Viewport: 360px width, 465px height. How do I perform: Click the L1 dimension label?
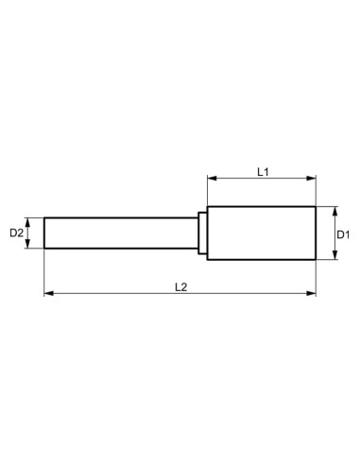point(265,170)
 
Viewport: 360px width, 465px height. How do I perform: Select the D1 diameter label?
point(345,233)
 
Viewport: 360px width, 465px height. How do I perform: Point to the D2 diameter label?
point(16,232)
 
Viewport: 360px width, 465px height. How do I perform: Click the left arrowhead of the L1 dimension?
point(211,178)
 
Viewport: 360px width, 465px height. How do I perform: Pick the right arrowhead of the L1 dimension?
point(313,178)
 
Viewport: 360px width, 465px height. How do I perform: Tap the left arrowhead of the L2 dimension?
point(48,294)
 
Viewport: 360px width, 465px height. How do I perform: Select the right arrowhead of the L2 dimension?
point(313,294)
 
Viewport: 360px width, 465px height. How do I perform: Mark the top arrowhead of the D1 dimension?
point(335,210)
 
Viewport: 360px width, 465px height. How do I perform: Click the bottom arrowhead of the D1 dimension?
point(335,257)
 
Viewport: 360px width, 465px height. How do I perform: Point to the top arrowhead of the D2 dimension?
point(30,221)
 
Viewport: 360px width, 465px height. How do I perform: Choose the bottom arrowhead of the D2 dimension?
point(30,245)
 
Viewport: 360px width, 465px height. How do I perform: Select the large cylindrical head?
point(262,233)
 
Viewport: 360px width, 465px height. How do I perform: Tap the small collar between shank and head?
point(202,233)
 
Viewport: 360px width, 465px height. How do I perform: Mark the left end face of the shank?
point(44,233)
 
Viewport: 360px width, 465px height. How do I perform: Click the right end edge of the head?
point(317,233)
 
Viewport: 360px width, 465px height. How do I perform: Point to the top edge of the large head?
point(262,206)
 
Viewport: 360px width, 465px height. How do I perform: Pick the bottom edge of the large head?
point(262,261)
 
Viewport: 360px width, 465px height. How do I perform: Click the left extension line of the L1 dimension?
point(207,189)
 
